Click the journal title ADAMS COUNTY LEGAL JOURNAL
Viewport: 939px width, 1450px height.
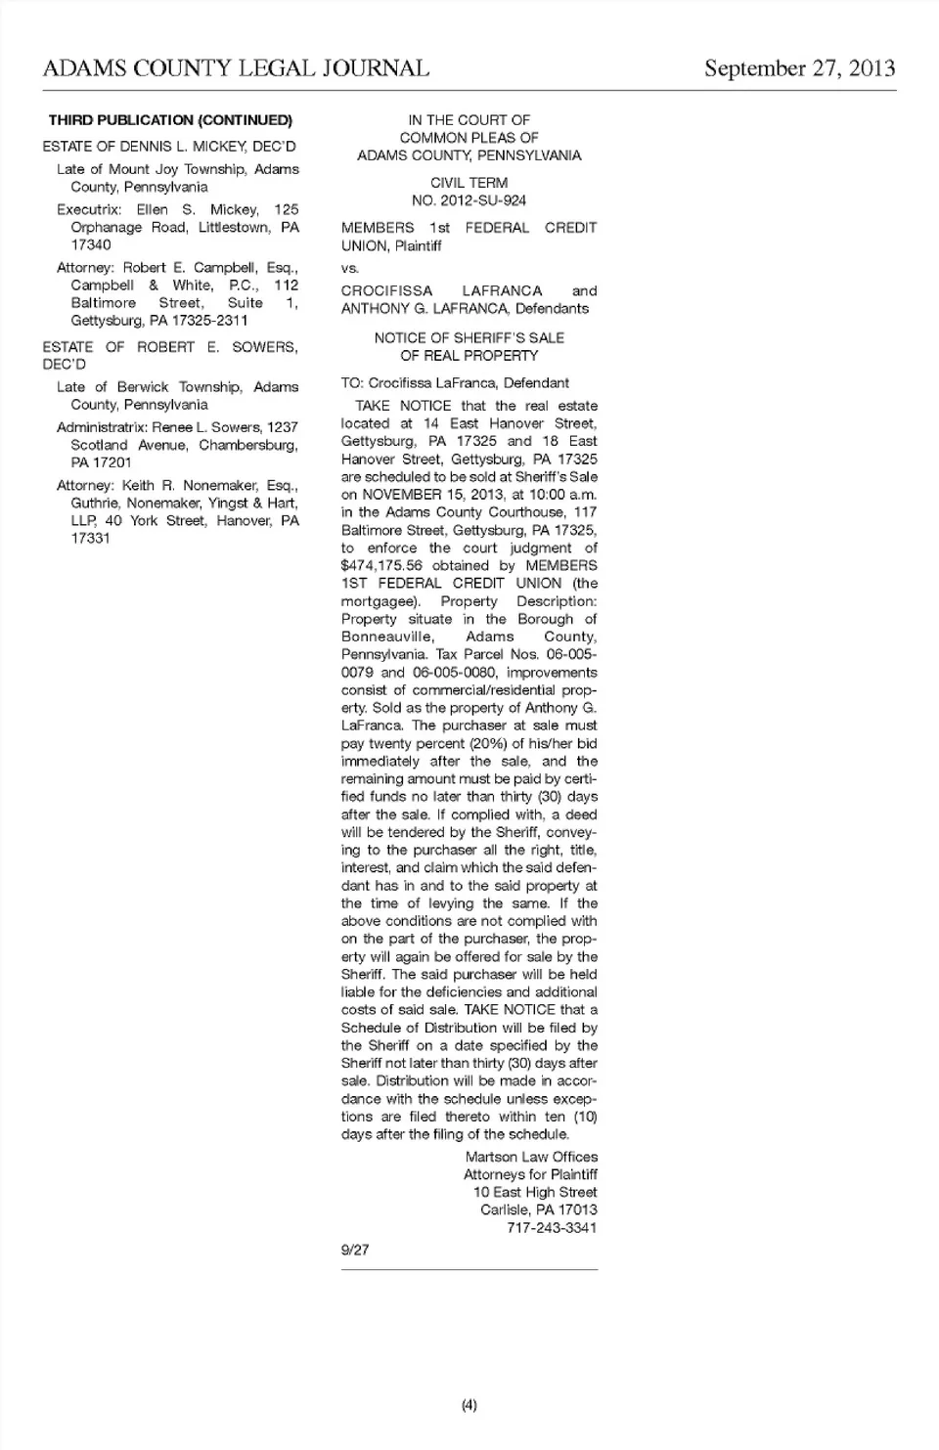(x=236, y=68)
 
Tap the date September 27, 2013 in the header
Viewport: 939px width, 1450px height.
(x=799, y=68)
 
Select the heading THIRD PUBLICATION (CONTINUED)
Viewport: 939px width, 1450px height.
(x=170, y=120)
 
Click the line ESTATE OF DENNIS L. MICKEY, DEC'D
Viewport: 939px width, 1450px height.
(x=169, y=147)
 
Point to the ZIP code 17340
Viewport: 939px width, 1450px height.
(x=91, y=244)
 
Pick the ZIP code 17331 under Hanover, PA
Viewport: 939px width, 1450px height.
(x=91, y=538)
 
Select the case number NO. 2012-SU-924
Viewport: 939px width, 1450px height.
(x=469, y=200)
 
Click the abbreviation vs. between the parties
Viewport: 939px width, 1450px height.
(x=350, y=268)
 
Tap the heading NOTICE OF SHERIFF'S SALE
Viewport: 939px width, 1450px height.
(x=469, y=337)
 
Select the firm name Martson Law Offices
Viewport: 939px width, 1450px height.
(x=531, y=1157)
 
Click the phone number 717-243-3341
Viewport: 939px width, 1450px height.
(x=552, y=1228)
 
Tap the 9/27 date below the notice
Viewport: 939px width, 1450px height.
(x=355, y=1250)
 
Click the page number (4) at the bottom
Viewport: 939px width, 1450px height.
(x=469, y=1405)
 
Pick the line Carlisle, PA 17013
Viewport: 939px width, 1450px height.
(x=538, y=1210)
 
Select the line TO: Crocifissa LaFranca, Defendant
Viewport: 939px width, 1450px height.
(x=455, y=383)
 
